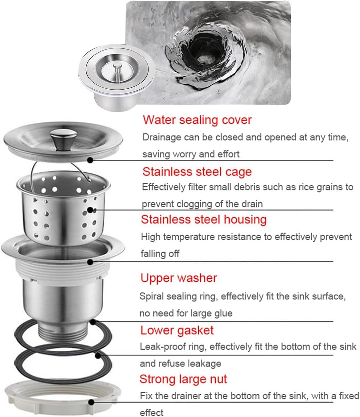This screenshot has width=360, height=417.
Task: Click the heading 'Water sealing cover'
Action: (x=197, y=120)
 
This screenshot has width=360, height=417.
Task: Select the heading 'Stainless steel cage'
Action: (x=197, y=172)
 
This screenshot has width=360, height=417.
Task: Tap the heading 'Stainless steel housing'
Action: (x=204, y=220)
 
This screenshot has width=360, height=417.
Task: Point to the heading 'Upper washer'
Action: (x=179, y=278)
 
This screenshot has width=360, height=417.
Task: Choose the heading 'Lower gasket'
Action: (x=177, y=330)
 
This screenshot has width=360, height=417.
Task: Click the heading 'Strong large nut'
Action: (x=183, y=379)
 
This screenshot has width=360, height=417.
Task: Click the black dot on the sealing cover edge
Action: (x=90, y=160)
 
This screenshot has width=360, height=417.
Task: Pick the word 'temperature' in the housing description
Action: (x=189, y=237)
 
